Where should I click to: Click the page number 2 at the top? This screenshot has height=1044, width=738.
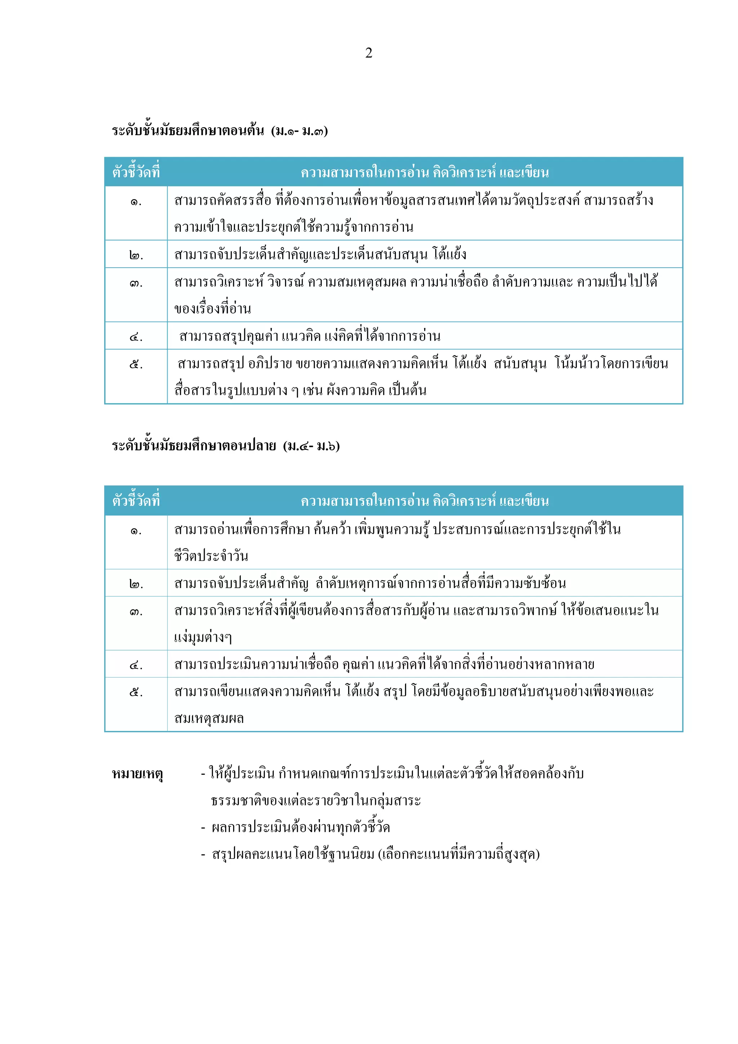pos(368,53)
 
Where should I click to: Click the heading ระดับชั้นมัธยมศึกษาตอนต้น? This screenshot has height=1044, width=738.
pos(188,131)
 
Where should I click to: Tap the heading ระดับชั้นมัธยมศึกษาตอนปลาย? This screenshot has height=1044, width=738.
pos(194,446)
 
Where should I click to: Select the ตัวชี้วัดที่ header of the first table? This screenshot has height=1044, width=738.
pos(136,172)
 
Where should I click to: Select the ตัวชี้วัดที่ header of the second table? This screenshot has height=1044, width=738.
pos(136,501)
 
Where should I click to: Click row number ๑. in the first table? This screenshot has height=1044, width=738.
pos(135,201)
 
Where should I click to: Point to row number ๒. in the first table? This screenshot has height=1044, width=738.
pos(135,255)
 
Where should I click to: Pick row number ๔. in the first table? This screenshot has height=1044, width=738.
pos(135,337)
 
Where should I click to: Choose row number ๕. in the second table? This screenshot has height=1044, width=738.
pos(135,692)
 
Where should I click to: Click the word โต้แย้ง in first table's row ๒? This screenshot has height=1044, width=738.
pos(450,254)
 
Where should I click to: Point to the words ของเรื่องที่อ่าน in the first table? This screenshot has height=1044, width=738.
pos(212,309)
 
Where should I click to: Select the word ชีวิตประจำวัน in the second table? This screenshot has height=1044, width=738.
pos(211,556)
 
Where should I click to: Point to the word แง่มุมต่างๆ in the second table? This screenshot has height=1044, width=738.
pos(203,637)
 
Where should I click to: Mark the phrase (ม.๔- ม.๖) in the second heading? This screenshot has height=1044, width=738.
pos(311,446)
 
